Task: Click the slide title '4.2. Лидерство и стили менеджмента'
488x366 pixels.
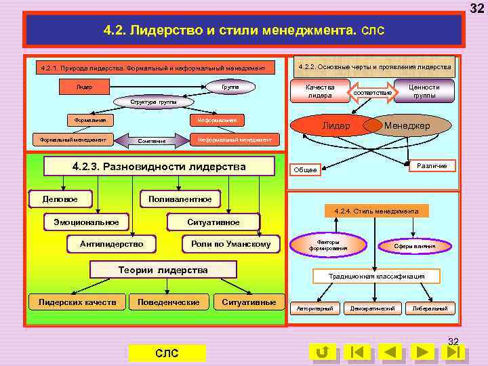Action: [x=244, y=30]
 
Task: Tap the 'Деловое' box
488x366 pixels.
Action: [x=60, y=199]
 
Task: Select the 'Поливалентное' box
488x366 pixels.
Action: [x=180, y=199]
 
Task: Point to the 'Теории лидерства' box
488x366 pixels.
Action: [x=163, y=270]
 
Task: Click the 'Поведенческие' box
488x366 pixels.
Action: [x=169, y=302]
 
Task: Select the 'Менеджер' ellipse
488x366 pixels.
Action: [x=407, y=126]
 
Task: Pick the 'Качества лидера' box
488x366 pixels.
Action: [x=320, y=91]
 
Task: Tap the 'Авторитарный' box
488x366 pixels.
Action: [x=315, y=308]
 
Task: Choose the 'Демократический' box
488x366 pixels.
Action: [x=372, y=308]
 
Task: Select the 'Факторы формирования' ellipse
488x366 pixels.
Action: [x=328, y=245]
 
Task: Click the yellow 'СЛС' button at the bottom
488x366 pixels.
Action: [x=167, y=352]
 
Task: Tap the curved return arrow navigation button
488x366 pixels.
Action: [x=323, y=352]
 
